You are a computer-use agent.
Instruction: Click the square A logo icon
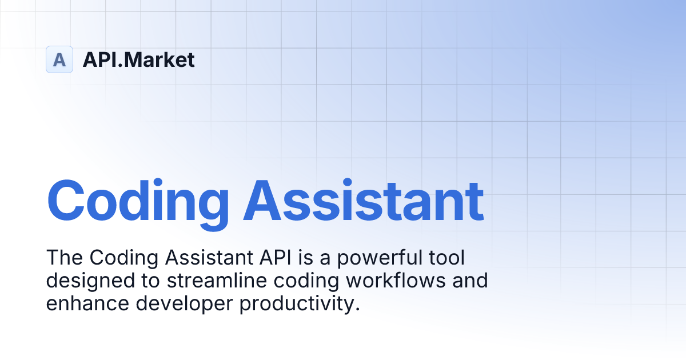click(x=59, y=59)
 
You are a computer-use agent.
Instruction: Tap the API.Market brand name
click(x=138, y=59)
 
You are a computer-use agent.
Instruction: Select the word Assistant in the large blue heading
click(x=364, y=201)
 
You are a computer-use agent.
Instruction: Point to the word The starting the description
click(x=65, y=258)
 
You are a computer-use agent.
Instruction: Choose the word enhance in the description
click(x=87, y=304)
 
